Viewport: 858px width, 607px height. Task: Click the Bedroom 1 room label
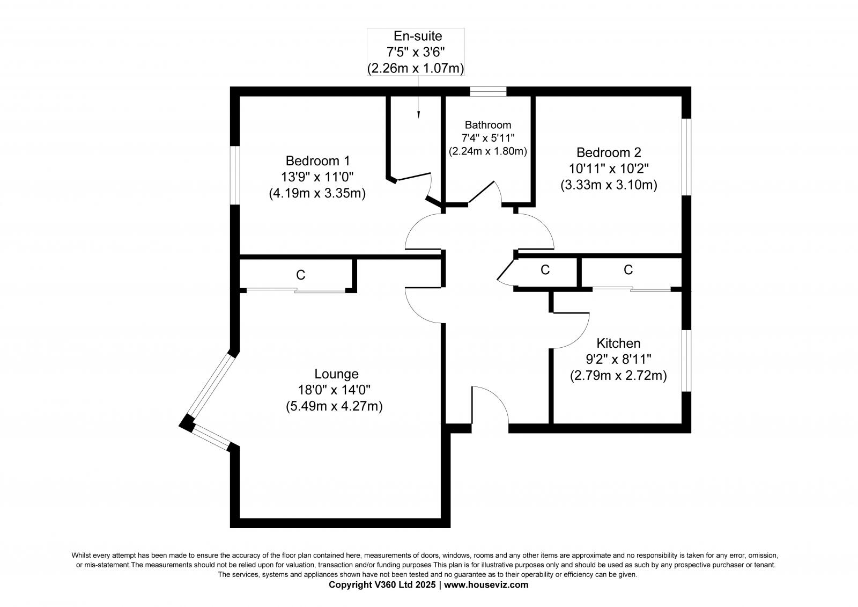click(317, 160)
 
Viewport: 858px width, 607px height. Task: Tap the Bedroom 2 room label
click(609, 152)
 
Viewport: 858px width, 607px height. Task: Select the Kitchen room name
click(618, 343)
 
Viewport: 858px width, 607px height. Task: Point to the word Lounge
click(336, 374)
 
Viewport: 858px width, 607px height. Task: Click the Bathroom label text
click(488, 125)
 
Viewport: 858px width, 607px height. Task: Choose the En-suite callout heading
click(418, 36)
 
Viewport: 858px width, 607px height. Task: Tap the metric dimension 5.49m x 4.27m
click(334, 406)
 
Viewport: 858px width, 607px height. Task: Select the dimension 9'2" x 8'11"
click(618, 359)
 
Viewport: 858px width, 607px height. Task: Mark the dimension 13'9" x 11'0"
click(317, 177)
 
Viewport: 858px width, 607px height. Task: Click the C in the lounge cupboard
click(301, 275)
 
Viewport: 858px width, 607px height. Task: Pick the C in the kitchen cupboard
click(628, 270)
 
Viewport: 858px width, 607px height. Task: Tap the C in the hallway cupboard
click(545, 270)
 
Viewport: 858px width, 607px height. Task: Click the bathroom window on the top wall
click(488, 91)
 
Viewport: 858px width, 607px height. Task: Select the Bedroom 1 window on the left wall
click(234, 175)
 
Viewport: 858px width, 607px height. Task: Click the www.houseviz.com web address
click(486, 585)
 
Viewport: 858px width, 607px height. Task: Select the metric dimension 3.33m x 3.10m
click(609, 185)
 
